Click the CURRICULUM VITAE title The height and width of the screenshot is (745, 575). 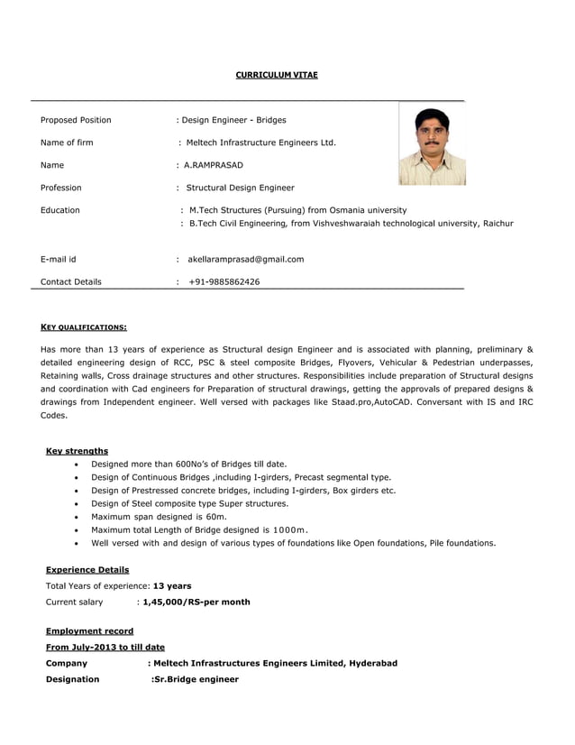click(277, 75)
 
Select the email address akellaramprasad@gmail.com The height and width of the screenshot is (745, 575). click(245, 259)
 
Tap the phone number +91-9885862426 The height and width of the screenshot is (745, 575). click(224, 281)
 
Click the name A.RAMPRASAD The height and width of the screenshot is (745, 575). click(213, 165)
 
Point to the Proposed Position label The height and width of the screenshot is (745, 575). click(76, 120)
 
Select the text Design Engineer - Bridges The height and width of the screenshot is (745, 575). click(234, 120)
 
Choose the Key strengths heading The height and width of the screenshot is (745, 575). click(77, 450)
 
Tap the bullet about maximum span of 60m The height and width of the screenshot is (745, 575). click(159, 517)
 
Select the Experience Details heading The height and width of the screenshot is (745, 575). click(87, 569)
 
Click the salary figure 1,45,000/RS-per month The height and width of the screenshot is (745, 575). click(196, 602)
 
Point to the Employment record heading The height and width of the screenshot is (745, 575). click(89, 630)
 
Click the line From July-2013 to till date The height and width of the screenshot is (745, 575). click(105, 647)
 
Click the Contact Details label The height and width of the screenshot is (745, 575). click(71, 281)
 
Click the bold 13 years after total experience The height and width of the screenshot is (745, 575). click(172, 585)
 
